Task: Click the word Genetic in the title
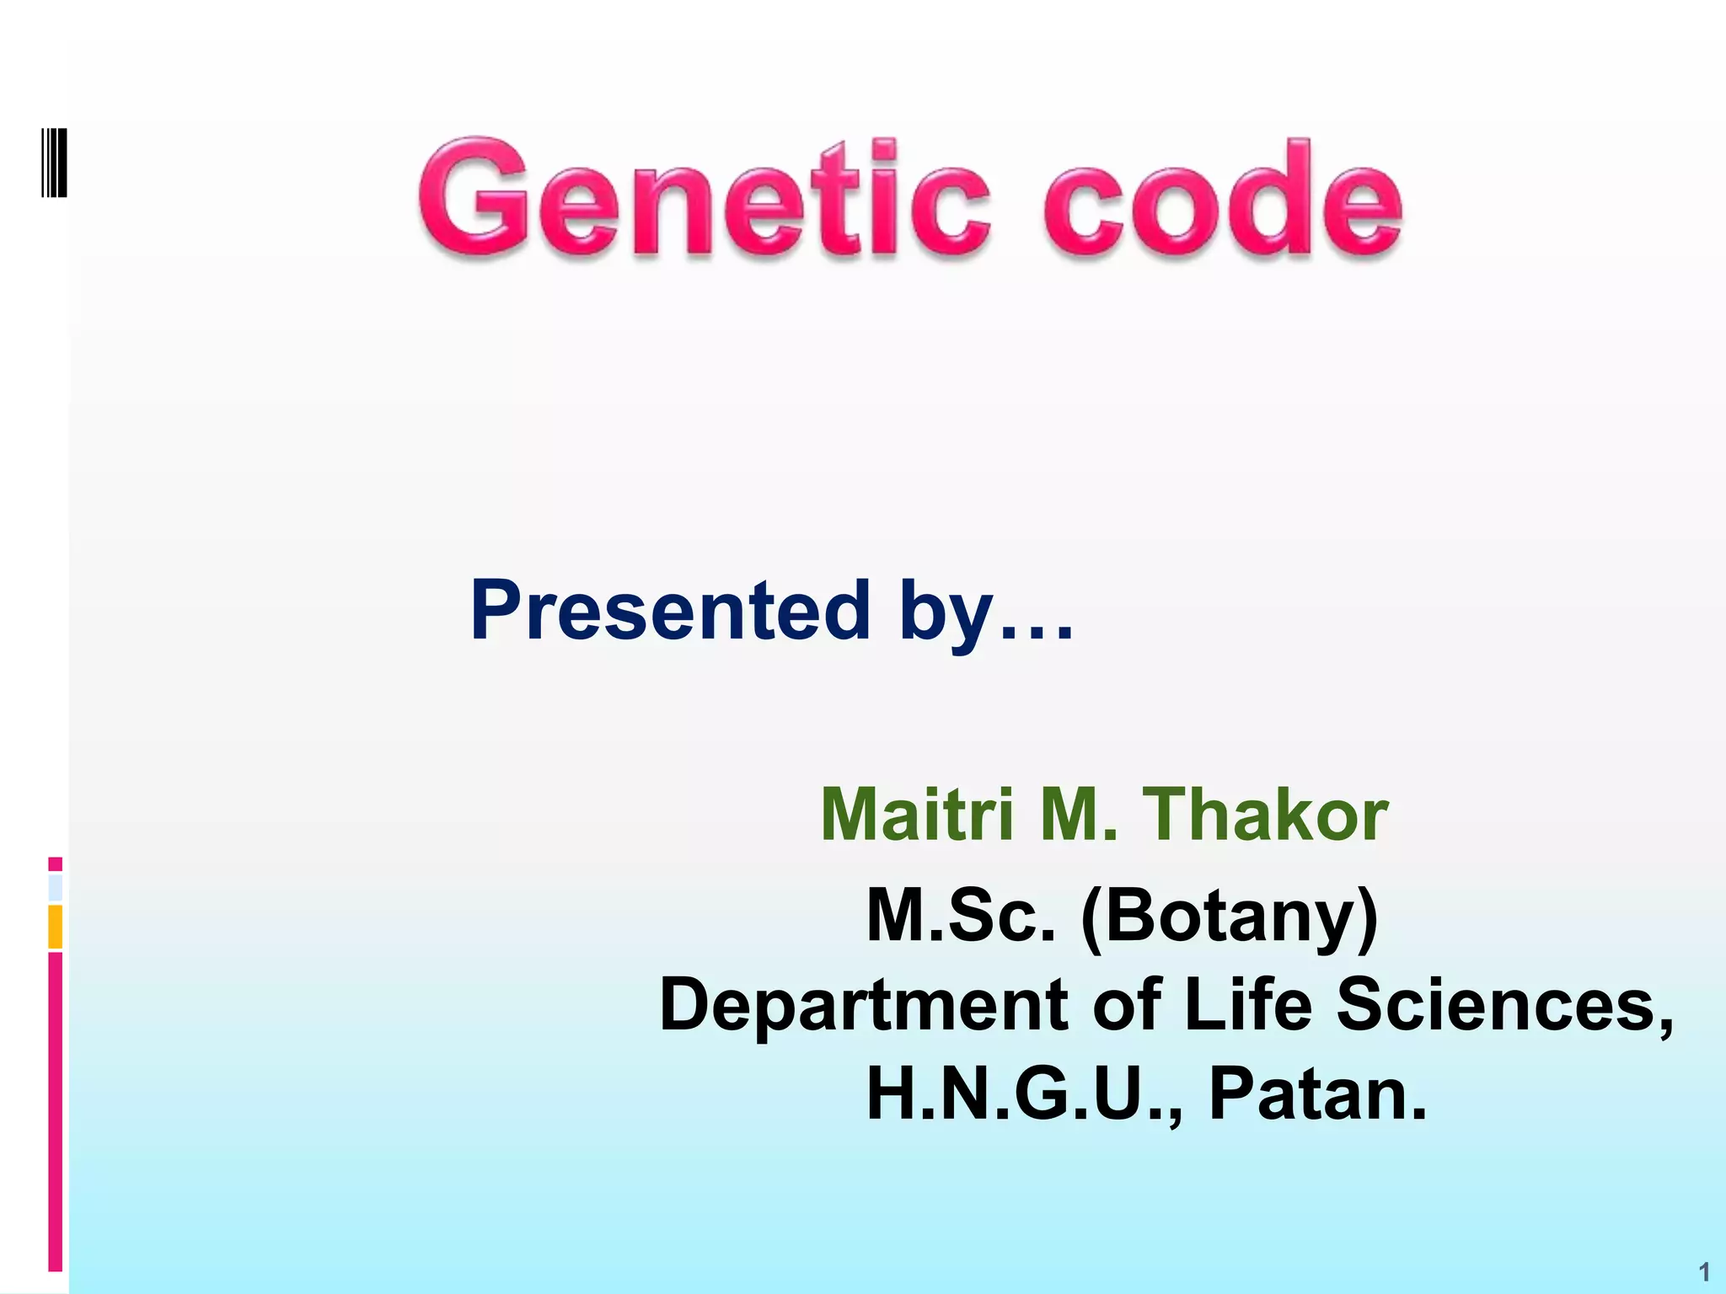point(704,198)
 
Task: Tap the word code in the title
point(1222,198)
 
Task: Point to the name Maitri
point(917,815)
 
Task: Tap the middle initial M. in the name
point(1079,815)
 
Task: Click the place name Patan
point(1317,1094)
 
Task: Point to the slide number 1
point(1704,1271)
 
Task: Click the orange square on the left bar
point(55,926)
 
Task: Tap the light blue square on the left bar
point(55,887)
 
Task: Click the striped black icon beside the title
point(54,163)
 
